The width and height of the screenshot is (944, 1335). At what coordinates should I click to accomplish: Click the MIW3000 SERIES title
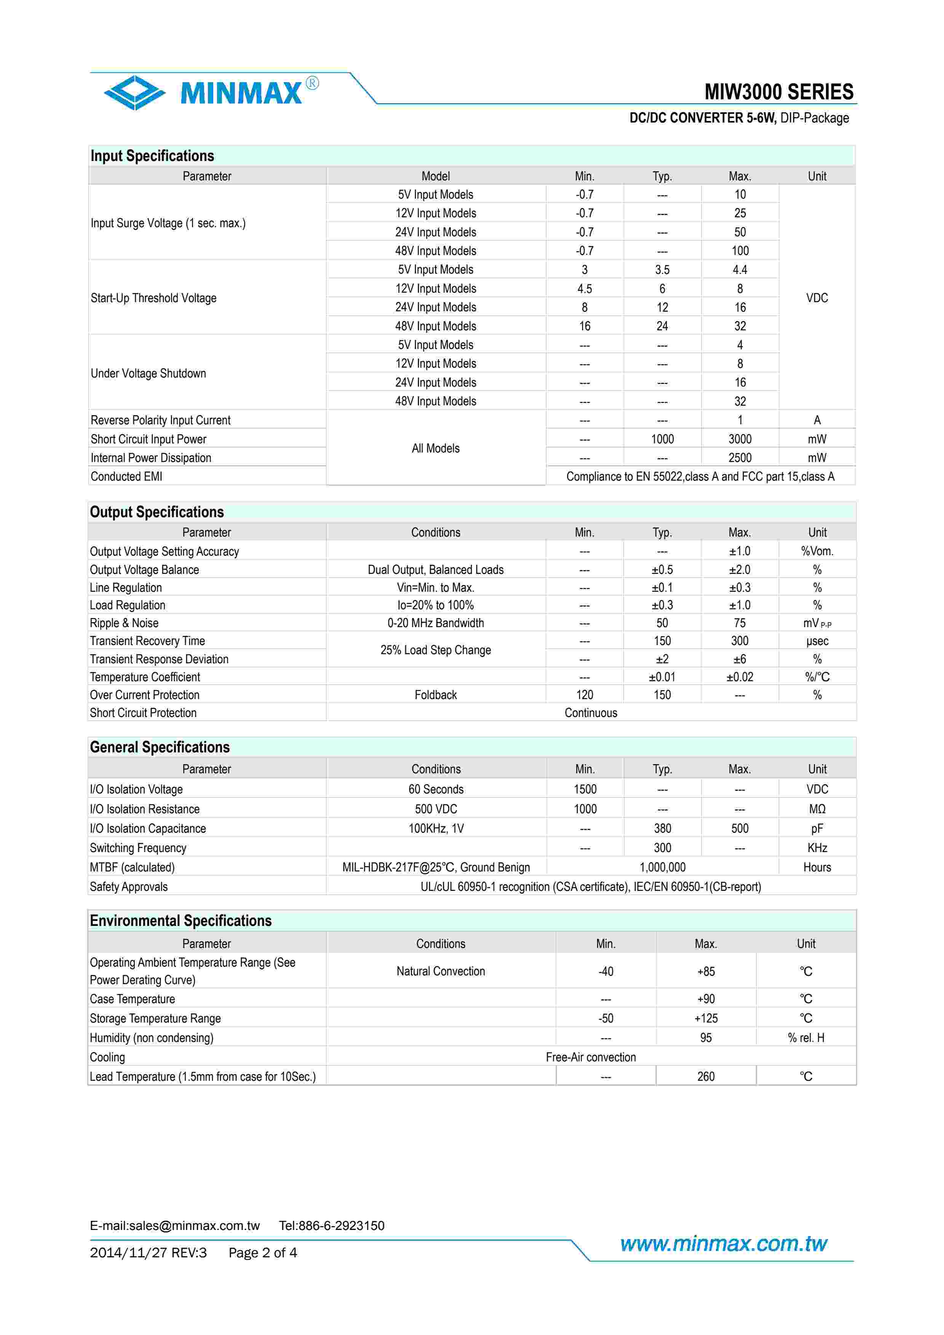point(779,92)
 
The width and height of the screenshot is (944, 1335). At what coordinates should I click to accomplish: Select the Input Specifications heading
point(152,156)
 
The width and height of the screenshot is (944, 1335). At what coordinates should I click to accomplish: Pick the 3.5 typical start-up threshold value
point(662,270)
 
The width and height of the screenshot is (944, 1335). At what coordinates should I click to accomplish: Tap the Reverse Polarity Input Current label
point(161,420)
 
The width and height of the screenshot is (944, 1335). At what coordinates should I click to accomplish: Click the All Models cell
point(436,448)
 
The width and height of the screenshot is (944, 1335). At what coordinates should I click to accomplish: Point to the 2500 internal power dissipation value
point(740,457)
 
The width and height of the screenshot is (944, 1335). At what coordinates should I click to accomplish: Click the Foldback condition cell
point(436,695)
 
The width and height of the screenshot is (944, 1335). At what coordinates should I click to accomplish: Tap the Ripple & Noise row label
point(124,623)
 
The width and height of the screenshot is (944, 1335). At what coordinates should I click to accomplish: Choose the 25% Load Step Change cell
point(436,650)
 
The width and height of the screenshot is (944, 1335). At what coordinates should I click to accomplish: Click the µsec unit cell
point(817,641)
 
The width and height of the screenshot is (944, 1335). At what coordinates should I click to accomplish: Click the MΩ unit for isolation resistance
point(817,809)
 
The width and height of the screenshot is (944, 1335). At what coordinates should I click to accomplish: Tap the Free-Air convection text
point(590,1057)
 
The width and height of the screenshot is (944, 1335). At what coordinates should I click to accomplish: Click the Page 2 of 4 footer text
point(262,1252)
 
